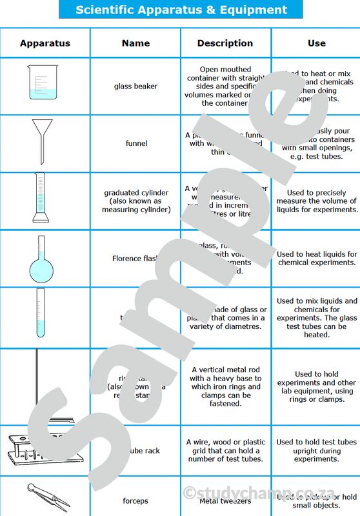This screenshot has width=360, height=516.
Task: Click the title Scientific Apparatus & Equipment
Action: pos(181,10)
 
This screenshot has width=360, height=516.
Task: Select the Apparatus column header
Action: pos(45,43)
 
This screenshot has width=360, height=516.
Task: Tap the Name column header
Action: pos(135,43)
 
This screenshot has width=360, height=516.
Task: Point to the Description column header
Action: pos(225,43)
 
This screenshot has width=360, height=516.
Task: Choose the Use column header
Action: pos(316,43)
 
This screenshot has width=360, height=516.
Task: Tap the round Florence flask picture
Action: pos(42,259)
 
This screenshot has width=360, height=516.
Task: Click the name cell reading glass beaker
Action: pos(135,86)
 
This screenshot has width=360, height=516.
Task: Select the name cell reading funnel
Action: pos(135,143)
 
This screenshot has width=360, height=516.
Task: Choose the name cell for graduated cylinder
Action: pos(136,201)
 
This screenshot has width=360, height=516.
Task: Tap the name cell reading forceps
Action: pos(135,501)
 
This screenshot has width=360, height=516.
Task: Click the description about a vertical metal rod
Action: pos(225,386)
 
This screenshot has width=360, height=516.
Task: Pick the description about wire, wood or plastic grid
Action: pos(225,450)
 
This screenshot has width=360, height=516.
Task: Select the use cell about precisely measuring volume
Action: pos(316,201)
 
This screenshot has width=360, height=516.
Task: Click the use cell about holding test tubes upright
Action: pos(316,450)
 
